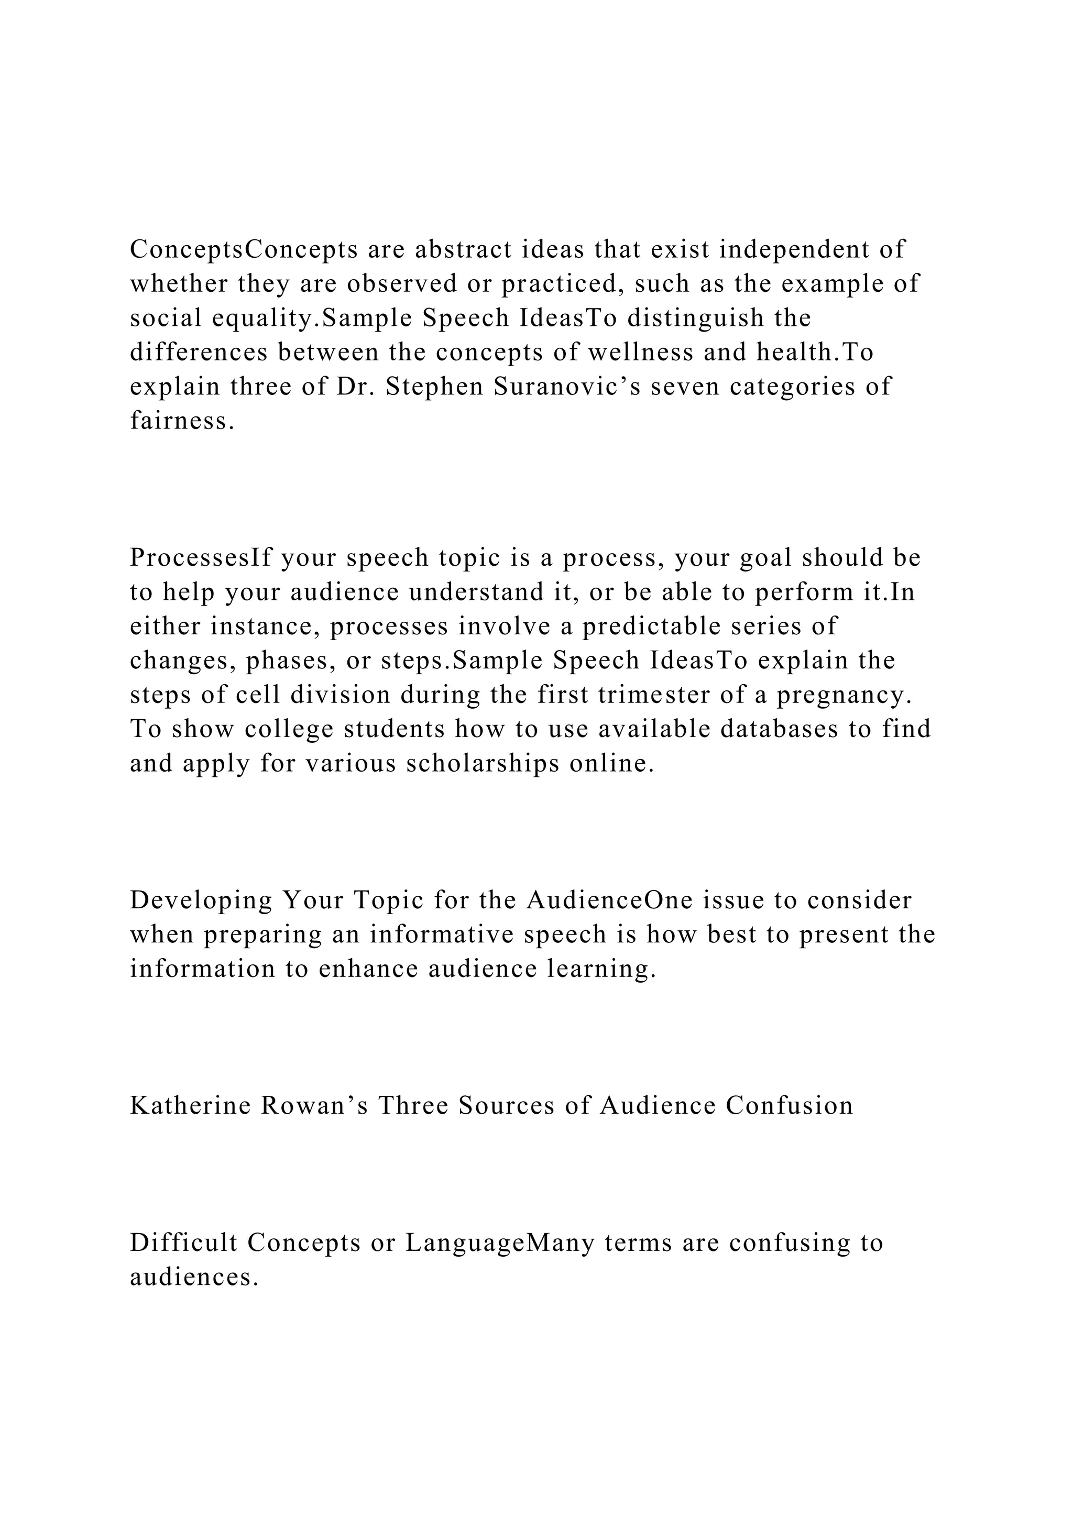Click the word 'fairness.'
(182, 421)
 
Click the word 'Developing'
(201, 900)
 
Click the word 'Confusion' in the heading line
(789, 1105)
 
